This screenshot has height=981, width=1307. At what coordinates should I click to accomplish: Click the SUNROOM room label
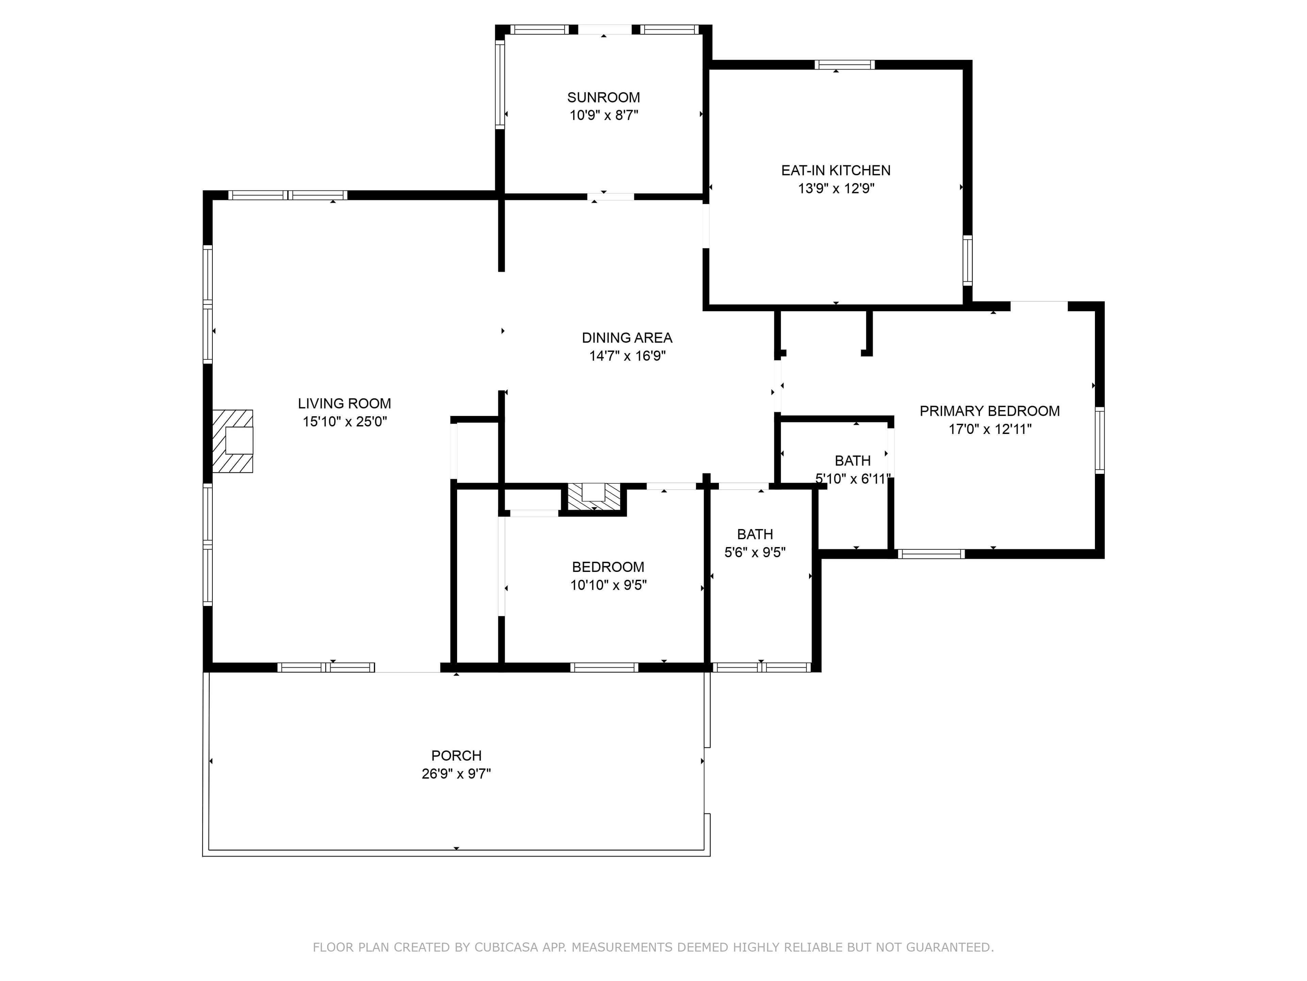[603, 97]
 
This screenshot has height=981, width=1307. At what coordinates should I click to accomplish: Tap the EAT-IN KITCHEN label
[836, 170]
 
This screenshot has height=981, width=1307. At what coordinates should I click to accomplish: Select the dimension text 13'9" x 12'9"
[836, 189]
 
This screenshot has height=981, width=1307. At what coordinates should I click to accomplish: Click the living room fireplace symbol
[233, 441]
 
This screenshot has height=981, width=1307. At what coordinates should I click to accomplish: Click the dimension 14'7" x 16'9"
[627, 356]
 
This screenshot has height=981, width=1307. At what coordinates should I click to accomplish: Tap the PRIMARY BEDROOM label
[990, 411]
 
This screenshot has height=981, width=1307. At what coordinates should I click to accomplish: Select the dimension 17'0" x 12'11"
[990, 429]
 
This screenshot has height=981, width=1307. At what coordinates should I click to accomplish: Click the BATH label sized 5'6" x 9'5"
[755, 534]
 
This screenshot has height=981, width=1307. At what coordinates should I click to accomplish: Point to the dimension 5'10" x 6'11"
[853, 479]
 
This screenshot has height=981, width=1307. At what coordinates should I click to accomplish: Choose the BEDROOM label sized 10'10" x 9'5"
[608, 567]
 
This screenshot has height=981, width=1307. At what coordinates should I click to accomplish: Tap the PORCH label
[456, 756]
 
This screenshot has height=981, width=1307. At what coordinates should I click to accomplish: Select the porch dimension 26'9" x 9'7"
[456, 774]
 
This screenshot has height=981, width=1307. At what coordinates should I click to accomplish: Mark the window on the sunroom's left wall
[500, 84]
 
